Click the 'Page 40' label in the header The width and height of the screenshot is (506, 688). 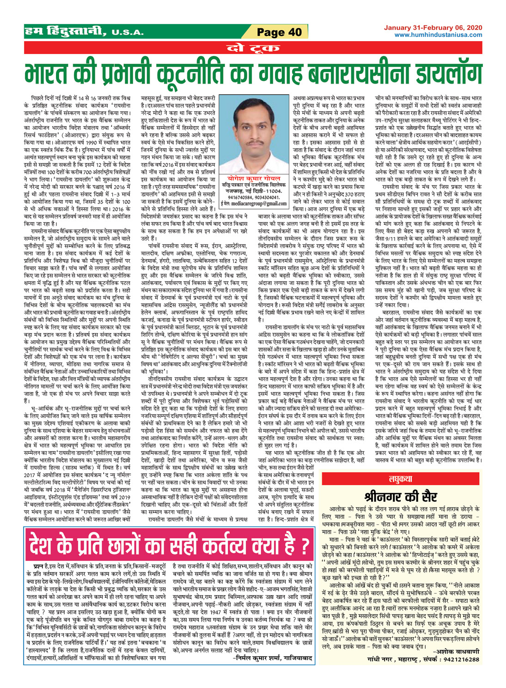click(279, 32)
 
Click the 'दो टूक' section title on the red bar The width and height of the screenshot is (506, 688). click(253, 48)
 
